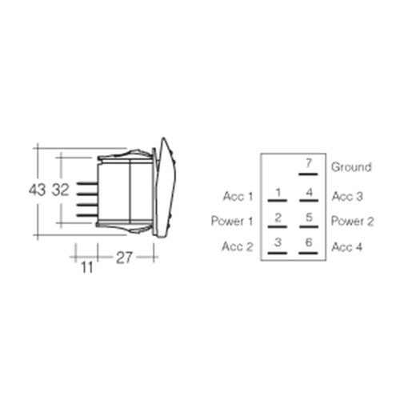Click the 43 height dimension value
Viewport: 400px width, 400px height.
click(x=38, y=190)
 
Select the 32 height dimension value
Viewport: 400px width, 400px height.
click(x=61, y=190)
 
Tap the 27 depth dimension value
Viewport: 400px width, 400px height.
click(x=124, y=258)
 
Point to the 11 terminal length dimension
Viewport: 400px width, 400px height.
click(x=87, y=267)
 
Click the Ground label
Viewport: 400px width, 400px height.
click(x=351, y=167)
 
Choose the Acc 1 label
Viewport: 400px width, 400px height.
click(x=238, y=197)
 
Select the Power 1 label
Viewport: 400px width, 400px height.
click(x=232, y=221)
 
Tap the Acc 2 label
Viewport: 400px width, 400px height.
click(x=237, y=246)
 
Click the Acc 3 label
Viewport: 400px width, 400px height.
click(x=347, y=197)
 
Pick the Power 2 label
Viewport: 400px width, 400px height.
click(x=352, y=221)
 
